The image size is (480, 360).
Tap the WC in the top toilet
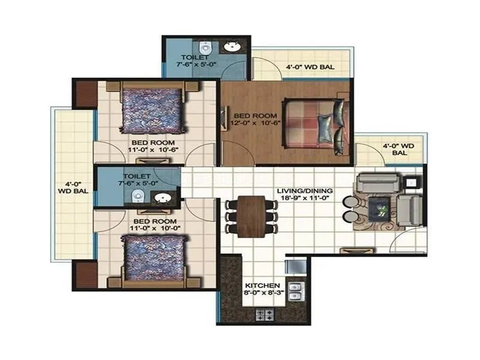pyautogui.click(x=206, y=47)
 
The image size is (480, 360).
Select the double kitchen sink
pyautogui.click(x=295, y=291)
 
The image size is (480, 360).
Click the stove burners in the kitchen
pyautogui.click(x=265, y=313)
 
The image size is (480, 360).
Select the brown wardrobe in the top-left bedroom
pyautogui.click(x=86, y=94)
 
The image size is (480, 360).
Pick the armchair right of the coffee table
pyautogui.click(x=410, y=208)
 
